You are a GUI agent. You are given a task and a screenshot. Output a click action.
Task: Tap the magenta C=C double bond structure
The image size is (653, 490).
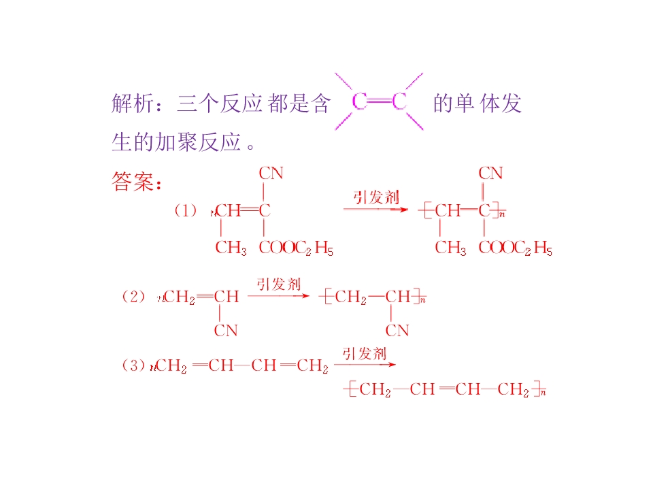point(380,101)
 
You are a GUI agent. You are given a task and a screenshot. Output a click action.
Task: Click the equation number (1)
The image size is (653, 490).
point(185,210)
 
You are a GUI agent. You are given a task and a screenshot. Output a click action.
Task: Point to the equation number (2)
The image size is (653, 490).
point(133,297)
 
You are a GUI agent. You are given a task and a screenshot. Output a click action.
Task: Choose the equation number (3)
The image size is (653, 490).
point(133,365)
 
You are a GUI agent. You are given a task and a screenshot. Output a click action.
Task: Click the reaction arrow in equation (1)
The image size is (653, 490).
point(375,209)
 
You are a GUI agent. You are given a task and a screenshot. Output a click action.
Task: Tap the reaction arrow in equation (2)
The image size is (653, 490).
point(279,296)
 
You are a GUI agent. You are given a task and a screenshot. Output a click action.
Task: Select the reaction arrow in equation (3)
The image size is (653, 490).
point(365,365)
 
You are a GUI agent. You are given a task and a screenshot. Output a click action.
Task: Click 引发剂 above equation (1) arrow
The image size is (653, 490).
point(376,197)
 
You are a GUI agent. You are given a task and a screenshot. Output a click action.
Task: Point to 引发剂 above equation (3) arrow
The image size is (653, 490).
point(365,354)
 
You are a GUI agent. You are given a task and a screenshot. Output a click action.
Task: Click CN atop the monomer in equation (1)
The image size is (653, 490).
point(271,173)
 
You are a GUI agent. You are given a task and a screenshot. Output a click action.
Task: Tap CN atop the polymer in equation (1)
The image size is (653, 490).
point(490,173)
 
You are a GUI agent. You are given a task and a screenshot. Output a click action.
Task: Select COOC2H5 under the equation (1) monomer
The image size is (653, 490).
point(296,248)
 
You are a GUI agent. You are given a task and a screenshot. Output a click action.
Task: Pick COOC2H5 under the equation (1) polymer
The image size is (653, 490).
point(516,248)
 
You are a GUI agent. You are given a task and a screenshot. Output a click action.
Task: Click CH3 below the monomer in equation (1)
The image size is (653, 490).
point(231,248)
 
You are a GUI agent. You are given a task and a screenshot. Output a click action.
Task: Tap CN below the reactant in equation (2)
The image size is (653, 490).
point(226,331)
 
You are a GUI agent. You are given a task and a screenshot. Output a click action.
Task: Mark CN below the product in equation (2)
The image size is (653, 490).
point(397,331)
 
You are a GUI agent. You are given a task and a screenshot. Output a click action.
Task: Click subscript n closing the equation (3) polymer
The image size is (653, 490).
point(543,393)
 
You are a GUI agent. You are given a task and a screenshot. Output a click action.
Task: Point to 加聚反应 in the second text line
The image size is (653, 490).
point(198,142)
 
